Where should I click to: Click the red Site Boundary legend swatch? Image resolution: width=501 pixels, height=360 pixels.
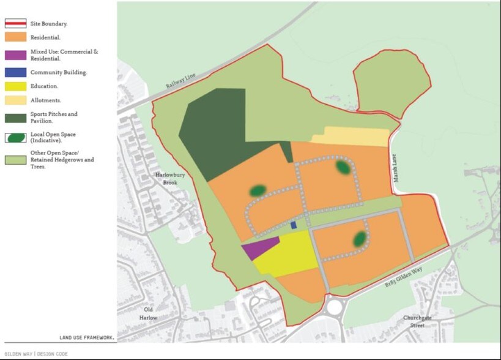[x=15, y=24]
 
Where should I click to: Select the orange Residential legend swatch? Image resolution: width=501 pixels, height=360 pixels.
[x=15, y=38]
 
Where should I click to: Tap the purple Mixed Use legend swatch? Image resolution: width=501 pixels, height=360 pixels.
[x=15, y=55]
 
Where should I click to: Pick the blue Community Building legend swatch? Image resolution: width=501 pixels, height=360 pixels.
[x=15, y=72]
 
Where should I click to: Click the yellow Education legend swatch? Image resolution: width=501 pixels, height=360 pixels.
[x=15, y=86]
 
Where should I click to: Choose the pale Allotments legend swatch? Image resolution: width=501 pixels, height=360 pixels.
[x=15, y=100]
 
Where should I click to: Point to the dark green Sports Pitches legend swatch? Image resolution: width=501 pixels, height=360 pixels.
[x=15, y=117]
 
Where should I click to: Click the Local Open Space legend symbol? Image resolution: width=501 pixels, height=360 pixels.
[x=15, y=138]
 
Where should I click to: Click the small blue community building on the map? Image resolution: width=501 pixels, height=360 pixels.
[x=294, y=225]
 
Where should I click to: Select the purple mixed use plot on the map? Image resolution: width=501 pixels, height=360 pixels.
[x=260, y=249]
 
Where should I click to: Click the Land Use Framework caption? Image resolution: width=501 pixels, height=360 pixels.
[x=86, y=337]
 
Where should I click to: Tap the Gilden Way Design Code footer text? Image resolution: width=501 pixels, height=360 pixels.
[x=36, y=353]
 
